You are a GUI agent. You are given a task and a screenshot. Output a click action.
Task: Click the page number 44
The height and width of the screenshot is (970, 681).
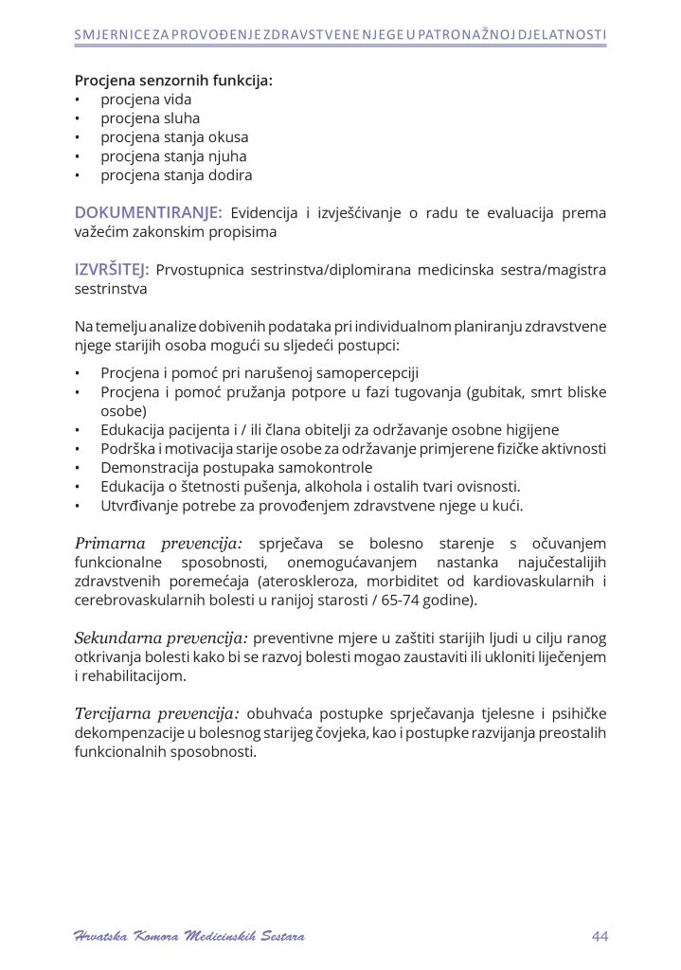(x=600, y=937)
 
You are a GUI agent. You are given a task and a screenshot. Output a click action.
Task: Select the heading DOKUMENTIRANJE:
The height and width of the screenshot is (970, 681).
(x=149, y=212)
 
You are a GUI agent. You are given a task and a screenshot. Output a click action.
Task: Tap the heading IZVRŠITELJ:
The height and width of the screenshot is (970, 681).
(x=112, y=270)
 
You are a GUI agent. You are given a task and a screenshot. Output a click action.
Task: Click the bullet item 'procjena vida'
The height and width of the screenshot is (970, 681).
(x=146, y=99)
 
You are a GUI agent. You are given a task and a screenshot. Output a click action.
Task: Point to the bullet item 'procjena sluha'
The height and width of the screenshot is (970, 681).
(x=150, y=118)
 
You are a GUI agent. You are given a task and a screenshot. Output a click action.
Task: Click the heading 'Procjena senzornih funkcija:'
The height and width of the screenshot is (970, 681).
(x=173, y=81)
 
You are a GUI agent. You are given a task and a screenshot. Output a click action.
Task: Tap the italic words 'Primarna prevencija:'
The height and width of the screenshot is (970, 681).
(x=158, y=544)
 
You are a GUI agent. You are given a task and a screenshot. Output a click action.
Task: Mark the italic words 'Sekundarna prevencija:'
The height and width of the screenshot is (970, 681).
(x=161, y=638)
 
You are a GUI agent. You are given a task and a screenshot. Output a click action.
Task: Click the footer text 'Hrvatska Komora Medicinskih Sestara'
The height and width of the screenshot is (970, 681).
(x=189, y=937)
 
